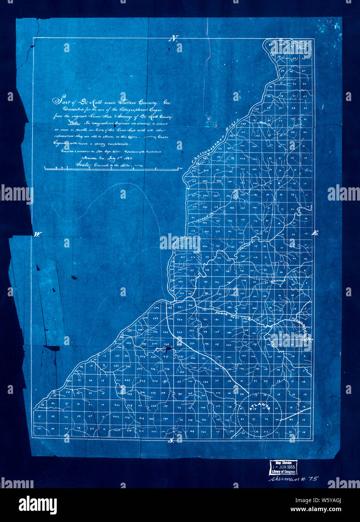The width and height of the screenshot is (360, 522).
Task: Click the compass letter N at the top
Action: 173,38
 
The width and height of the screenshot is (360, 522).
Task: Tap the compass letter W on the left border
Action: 38,235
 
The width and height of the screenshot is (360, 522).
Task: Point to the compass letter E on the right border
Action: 315,233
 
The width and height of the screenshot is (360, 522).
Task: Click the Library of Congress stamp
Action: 283,467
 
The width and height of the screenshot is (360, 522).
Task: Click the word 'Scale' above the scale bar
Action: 83,164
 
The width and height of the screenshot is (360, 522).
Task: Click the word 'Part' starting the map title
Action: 60,101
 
